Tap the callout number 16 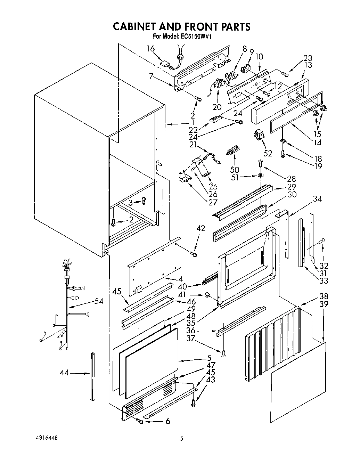pos(150,49)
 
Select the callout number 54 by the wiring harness pos(99,301)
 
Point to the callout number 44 pos(64,373)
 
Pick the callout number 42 pos(201,228)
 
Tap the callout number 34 pos(317,199)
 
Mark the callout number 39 pos(323,304)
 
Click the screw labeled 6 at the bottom pos(141,421)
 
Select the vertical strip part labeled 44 pos(92,375)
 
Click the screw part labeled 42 pos(194,255)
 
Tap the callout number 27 pos(212,203)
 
